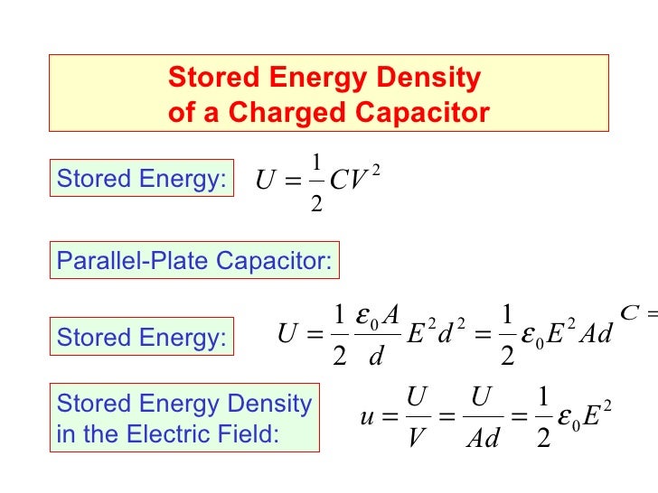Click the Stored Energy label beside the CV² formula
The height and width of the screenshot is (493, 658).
[x=142, y=179]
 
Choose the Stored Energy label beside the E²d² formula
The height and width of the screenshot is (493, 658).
[x=142, y=338]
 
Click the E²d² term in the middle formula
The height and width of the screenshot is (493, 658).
[x=437, y=336]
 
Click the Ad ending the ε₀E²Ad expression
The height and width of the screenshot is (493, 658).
[x=595, y=336]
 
